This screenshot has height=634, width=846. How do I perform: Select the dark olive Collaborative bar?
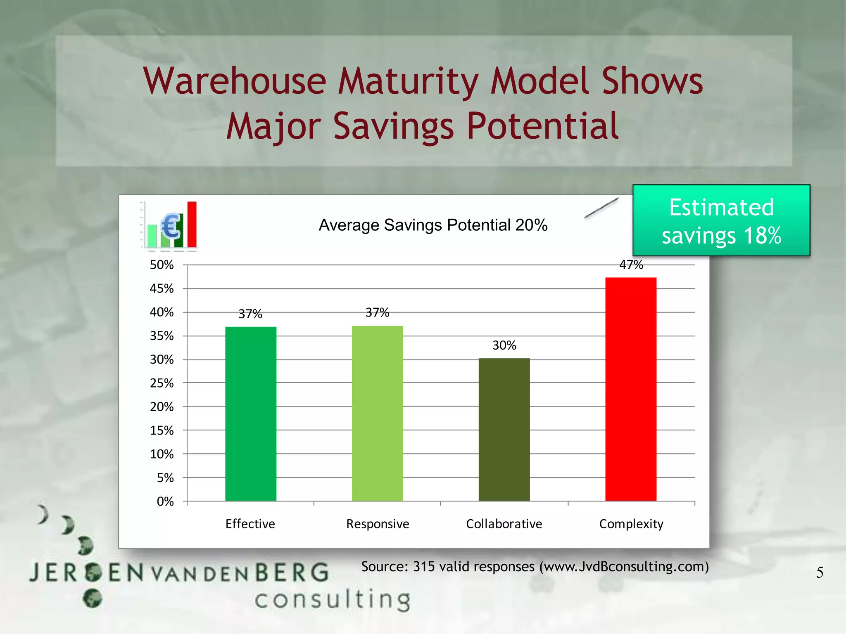pos(504,430)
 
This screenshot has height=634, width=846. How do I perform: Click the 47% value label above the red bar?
pos(631,265)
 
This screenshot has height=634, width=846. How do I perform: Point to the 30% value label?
pos(504,345)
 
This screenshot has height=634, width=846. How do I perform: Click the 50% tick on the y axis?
pos(162,265)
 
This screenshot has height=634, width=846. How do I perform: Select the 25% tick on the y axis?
pos(162,383)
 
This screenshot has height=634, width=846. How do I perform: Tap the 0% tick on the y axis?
pos(165,502)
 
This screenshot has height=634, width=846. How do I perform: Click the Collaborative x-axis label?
pos(504,524)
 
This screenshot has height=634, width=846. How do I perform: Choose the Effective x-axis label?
pos(250,524)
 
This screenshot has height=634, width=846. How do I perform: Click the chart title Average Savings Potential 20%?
pos(433,225)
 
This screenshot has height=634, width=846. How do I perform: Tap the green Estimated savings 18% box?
pos(721,220)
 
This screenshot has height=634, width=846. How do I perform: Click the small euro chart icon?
pos(170,226)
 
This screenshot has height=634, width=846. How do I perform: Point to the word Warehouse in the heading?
pos(235,81)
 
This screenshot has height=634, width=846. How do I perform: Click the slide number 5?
pos(820,572)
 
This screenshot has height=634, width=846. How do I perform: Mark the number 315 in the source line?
pos(424,567)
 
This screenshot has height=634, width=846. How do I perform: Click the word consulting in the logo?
pos(333,600)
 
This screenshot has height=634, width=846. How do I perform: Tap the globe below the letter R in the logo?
pos(92,598)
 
